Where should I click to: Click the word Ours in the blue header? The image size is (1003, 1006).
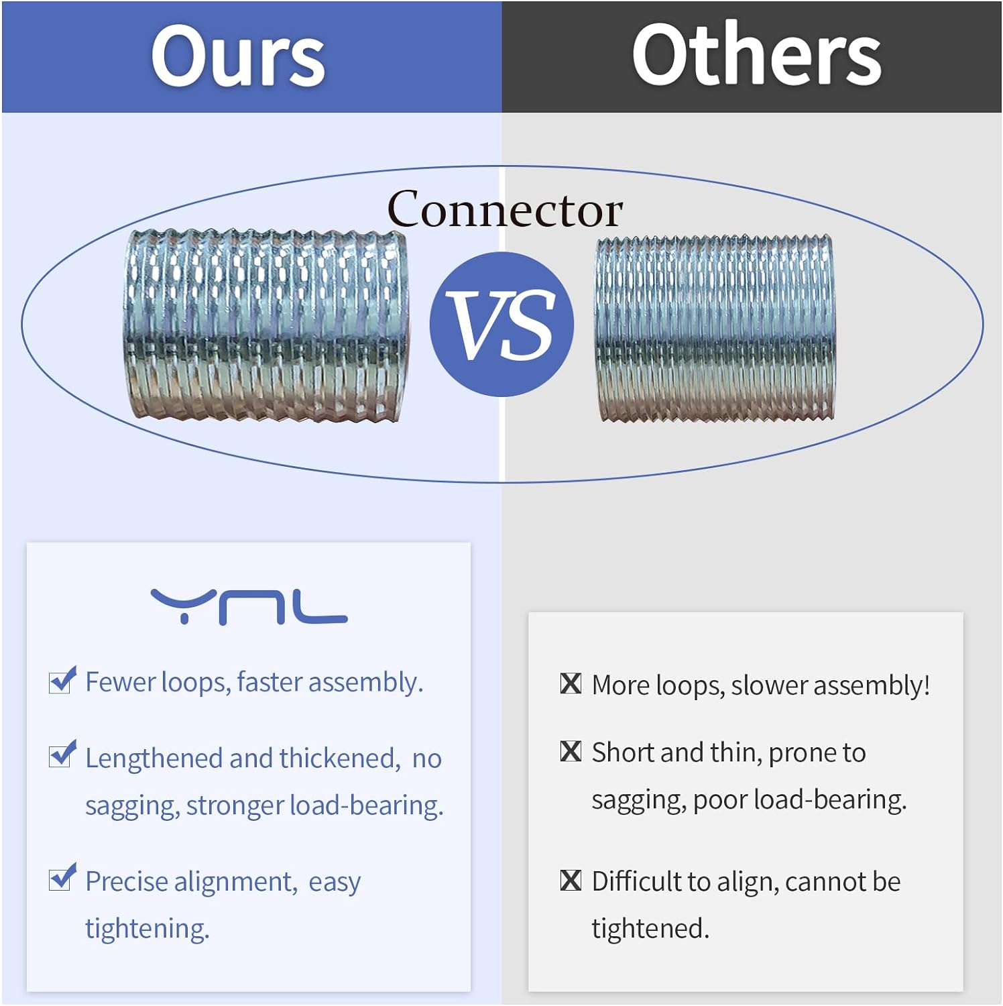tap(238, 56)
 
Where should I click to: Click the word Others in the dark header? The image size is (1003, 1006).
tap(756, 55)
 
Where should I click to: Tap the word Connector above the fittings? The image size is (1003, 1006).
tap(505, 210)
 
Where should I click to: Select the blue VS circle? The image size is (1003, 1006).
tap(501, 325)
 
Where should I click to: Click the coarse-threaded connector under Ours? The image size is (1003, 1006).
tap(265, 325)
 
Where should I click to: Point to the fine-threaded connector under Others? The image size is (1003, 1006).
tap(715, 329)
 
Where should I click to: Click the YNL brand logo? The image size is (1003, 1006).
tap(249, 606)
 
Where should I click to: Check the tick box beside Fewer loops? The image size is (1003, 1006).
tap(62, 681)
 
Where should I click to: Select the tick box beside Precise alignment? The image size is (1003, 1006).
tap(62, 878)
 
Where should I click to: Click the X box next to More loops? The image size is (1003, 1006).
tap(571, 683)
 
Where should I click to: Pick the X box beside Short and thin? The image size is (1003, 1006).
tap(571, 751)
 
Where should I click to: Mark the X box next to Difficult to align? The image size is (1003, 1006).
tap(571, 880)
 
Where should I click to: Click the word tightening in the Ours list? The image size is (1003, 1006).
tap(147, 930)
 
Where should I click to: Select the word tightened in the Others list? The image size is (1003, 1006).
tap(649, 929)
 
